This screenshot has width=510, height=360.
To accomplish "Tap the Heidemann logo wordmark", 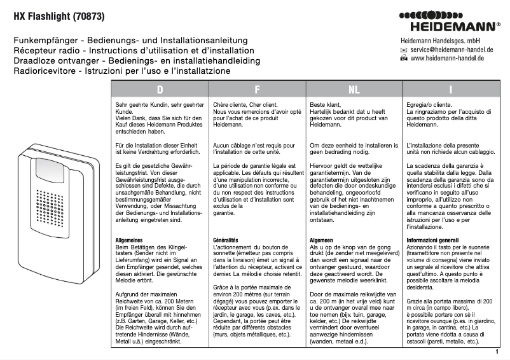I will [x=448, y=27].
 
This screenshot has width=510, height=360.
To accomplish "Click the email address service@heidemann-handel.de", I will [x=452, y=49].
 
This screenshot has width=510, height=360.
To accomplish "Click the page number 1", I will [x=495, y=351].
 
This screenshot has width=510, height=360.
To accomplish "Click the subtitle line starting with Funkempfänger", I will [x=130, y=40].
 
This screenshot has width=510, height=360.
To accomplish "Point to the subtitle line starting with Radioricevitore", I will [x=122, y=71].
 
